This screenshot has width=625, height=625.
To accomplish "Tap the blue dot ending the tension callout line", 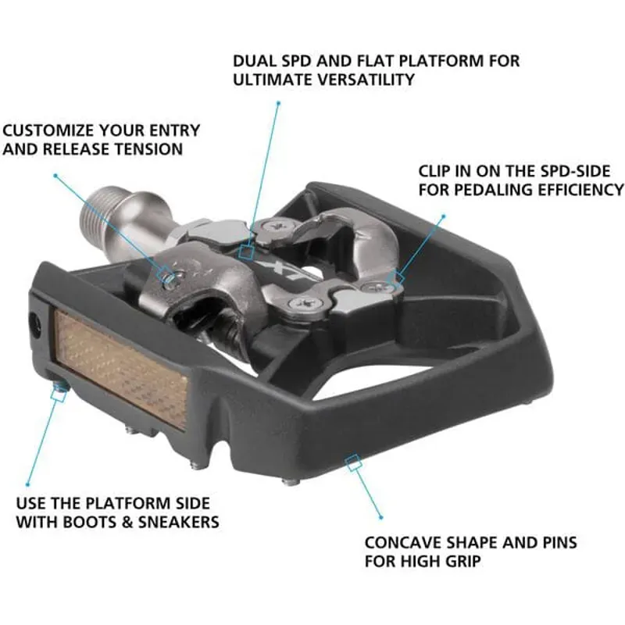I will [x=54, y=175].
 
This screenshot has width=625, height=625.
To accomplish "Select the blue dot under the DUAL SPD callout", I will [x=277, y=102].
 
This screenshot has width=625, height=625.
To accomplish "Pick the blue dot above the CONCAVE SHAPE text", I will [x=381, y=517].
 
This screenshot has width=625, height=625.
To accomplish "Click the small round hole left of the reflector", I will [x=34, y=324].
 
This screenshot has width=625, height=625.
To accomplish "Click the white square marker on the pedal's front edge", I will [x=353, y=462].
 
